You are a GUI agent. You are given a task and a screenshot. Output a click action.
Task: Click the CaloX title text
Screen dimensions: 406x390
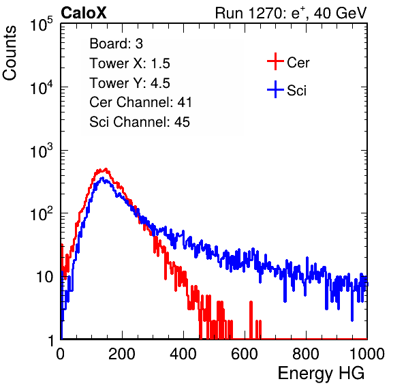point(83,13)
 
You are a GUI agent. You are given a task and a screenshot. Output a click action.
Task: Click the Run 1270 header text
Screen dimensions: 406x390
point(291,13)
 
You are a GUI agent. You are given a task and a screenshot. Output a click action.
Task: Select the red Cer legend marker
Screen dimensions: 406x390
point(275,61)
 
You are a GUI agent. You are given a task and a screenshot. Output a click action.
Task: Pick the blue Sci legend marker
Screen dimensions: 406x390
point(275,89)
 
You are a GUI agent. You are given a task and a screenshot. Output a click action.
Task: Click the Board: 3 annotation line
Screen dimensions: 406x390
point(116,44)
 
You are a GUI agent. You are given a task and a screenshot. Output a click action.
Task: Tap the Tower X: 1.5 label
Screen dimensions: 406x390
point(129,63)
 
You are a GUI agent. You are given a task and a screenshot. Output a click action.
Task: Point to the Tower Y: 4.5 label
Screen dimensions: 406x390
point(129,83)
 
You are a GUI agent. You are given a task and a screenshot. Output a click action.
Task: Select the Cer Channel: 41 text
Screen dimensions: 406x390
point(140,102)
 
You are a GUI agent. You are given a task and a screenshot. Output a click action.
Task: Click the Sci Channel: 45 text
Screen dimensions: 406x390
point(140,121)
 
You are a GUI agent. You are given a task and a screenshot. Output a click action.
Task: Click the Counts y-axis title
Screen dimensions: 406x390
point(10,53)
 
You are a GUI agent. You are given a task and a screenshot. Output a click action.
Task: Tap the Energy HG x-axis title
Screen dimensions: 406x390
point(321,374)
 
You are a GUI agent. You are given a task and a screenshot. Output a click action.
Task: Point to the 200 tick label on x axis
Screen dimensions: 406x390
point(122,354)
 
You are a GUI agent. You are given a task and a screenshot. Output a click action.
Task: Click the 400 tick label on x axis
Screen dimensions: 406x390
point(183,354)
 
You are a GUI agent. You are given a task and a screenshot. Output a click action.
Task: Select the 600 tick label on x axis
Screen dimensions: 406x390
point(245,354)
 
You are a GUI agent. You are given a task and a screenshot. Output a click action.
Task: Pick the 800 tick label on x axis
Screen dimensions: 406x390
point(306,354)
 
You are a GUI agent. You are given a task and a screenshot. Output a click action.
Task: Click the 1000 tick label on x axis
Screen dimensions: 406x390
point(367,354)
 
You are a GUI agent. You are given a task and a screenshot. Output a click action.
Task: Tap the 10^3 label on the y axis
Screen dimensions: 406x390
point(42,151)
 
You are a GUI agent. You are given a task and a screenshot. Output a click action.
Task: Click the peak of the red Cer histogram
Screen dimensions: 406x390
point(106,169)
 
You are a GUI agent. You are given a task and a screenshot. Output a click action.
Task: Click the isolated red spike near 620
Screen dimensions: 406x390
point(251,320)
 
